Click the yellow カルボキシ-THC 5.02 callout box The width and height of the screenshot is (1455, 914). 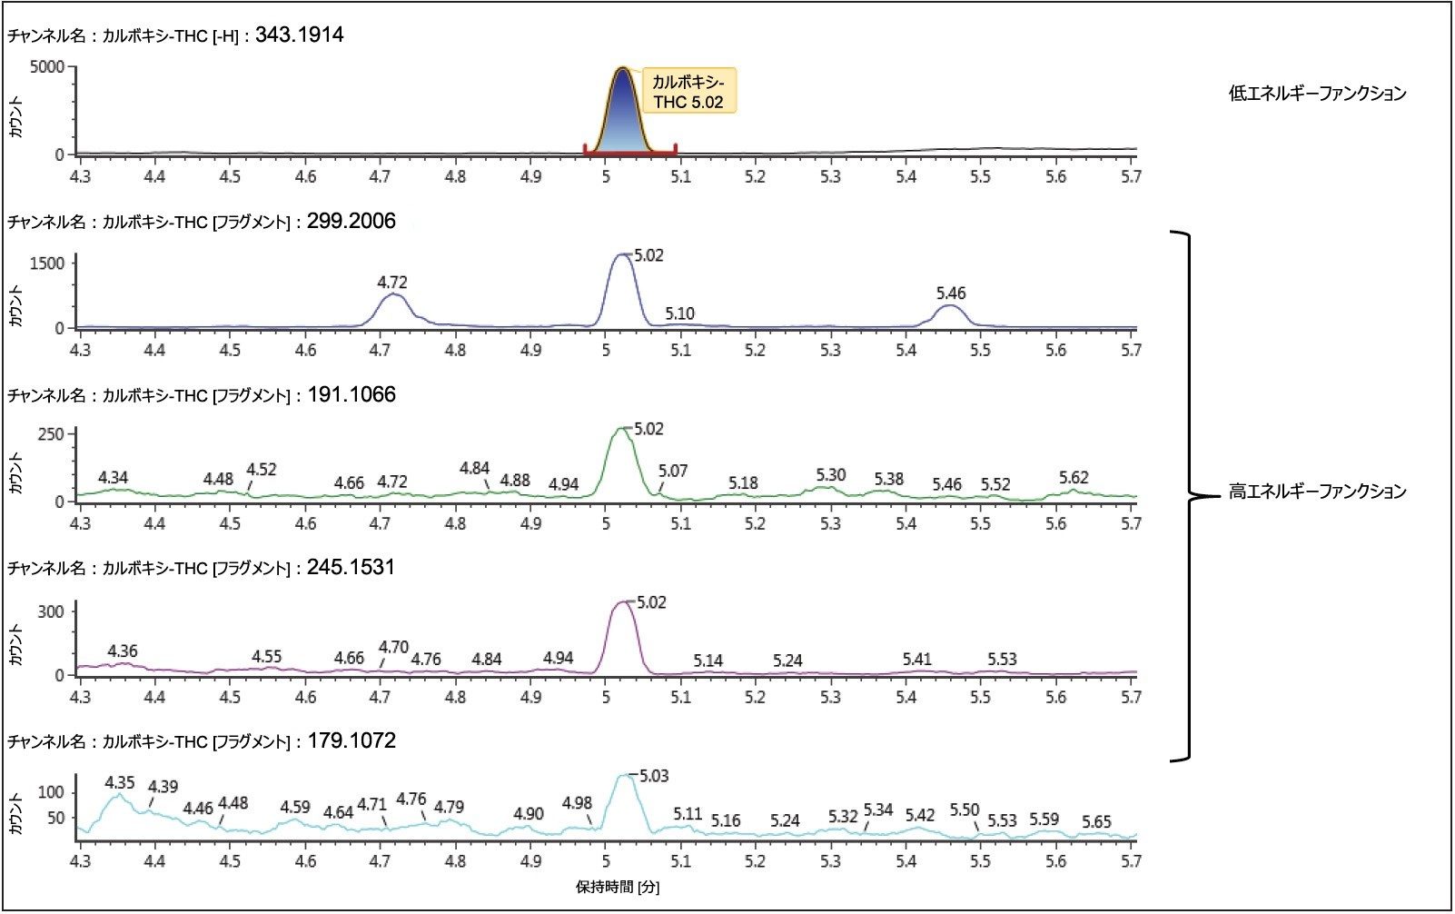pos(688,91)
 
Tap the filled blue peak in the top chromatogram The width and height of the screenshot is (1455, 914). pos(622,118)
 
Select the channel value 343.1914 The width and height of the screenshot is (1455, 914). pos(299,36)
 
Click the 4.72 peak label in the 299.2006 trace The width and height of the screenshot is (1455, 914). pos(392,283)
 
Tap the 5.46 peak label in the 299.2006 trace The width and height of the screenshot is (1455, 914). pos(951,293)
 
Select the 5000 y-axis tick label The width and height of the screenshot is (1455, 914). pos(46,67)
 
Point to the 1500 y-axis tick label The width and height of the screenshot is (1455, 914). pos(46,263)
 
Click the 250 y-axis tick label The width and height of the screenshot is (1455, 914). pos(51,434)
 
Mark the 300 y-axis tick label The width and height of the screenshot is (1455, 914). pos(51,611)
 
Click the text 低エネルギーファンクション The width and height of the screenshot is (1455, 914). pos(1317,94)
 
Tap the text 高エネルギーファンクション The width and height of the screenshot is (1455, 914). pos(1317,492)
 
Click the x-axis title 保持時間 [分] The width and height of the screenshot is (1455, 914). pos(618,887)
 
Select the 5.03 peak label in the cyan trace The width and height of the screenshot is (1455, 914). pos(654,776)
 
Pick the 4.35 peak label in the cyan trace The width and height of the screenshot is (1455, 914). pos(120,782)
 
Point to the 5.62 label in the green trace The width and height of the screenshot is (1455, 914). pos(1074,477)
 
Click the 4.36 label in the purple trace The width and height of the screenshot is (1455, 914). pos(123,651)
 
